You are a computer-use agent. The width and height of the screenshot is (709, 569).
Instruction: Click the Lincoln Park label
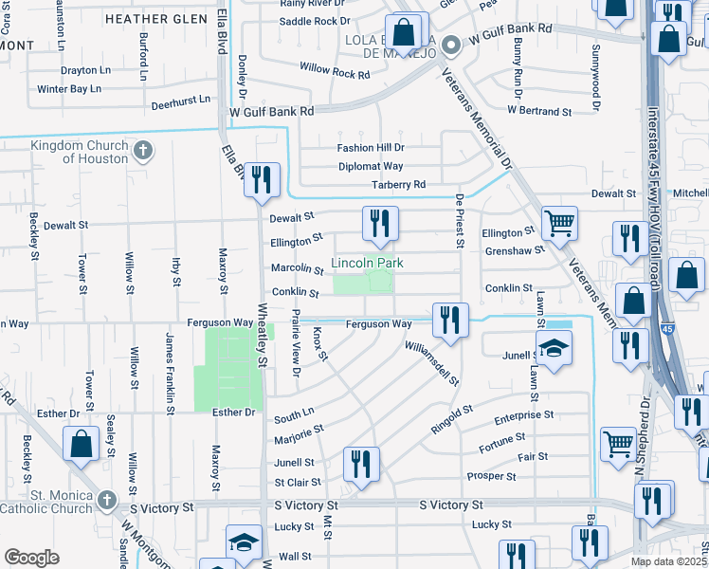(367, 263)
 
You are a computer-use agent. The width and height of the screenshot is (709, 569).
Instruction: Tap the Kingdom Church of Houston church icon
(142, 151)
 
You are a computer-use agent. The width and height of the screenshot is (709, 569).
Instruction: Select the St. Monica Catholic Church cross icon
(106, 499)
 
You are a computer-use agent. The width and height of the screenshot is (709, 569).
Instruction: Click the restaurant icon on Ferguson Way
(448, 320)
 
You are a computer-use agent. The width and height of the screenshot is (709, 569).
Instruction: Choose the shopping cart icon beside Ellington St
(559, 224)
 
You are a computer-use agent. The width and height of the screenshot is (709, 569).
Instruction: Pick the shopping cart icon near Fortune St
(618, 442)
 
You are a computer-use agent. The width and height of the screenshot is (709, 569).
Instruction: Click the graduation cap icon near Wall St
(244, 542)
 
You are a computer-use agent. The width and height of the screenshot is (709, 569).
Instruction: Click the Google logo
(31, 558)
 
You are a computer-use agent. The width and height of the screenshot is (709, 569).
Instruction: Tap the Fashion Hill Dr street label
(372, 148)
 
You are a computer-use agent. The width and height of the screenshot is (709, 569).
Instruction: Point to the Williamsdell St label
(431, 364)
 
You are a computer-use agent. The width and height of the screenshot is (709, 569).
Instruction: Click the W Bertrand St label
(539, 111)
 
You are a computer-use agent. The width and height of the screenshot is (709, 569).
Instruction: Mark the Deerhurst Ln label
(179, 98)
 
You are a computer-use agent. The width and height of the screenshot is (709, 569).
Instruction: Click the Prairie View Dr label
(295, 342)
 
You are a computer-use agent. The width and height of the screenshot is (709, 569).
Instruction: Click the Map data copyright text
(668, 561)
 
